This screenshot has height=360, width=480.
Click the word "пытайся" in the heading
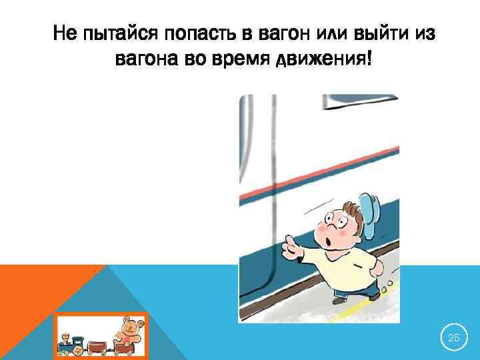click(117, 33)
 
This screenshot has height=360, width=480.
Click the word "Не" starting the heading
click(65, 31)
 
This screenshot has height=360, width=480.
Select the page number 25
click(453, 339)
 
